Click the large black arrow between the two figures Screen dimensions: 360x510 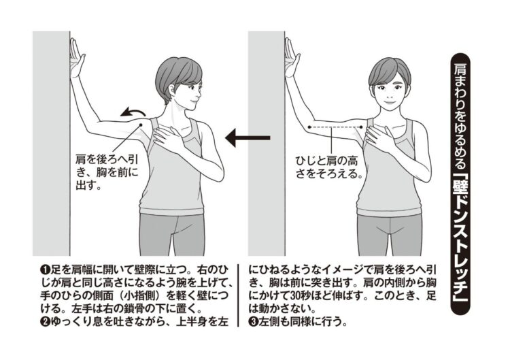(245, 138)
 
